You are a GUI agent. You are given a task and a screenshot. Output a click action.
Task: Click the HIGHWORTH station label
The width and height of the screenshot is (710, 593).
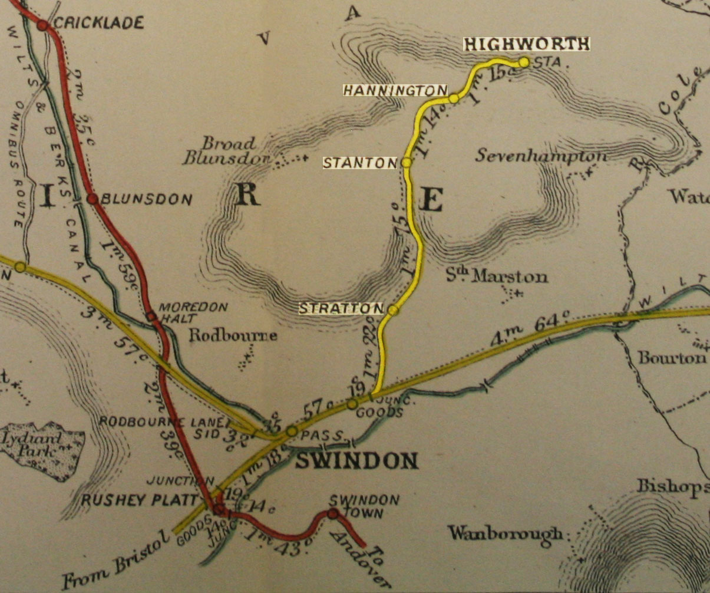pyautogui.click(x=526, y=44)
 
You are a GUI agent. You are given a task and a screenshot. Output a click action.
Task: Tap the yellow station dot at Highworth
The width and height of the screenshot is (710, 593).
pyautogui.click(x=523, y=62)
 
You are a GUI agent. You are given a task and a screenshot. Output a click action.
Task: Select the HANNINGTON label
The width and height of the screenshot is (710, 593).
pyautogui.click(x=395, y=90)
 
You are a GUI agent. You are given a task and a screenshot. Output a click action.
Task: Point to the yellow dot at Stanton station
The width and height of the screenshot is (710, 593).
pyautogui.click(x=406, y=162)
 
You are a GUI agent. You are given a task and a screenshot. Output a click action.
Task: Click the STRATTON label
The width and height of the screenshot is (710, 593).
pyautogui.click(x=341, y=308)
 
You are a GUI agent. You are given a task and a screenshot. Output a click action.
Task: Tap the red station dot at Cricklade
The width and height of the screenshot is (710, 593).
pyautogui.click(x=42, y=25)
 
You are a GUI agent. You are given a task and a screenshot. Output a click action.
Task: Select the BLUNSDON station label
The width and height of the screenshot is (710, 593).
pyautogui.click(x=147, y=200)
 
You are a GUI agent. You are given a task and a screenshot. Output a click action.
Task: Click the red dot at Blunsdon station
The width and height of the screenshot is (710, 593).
pyautogui.click(x=92, y=199)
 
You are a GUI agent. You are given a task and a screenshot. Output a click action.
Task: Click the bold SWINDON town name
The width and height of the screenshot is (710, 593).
pyautogui.click(x=356, y=460)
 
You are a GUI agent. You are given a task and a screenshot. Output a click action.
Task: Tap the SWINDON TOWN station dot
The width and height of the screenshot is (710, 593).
pyautogui.click(x=332, y=514)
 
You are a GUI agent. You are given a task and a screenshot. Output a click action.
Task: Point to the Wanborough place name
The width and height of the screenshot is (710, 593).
pyautogui.click(x=506, y=534)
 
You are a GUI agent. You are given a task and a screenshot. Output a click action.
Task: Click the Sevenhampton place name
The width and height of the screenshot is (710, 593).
pyautogui.click(x=541, y=156)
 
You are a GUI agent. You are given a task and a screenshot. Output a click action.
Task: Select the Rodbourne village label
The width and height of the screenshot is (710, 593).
pyautogui.click(x=233, y=336)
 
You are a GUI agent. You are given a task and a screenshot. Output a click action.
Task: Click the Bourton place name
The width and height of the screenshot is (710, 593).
pyautogui.click(x=671, y=358)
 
